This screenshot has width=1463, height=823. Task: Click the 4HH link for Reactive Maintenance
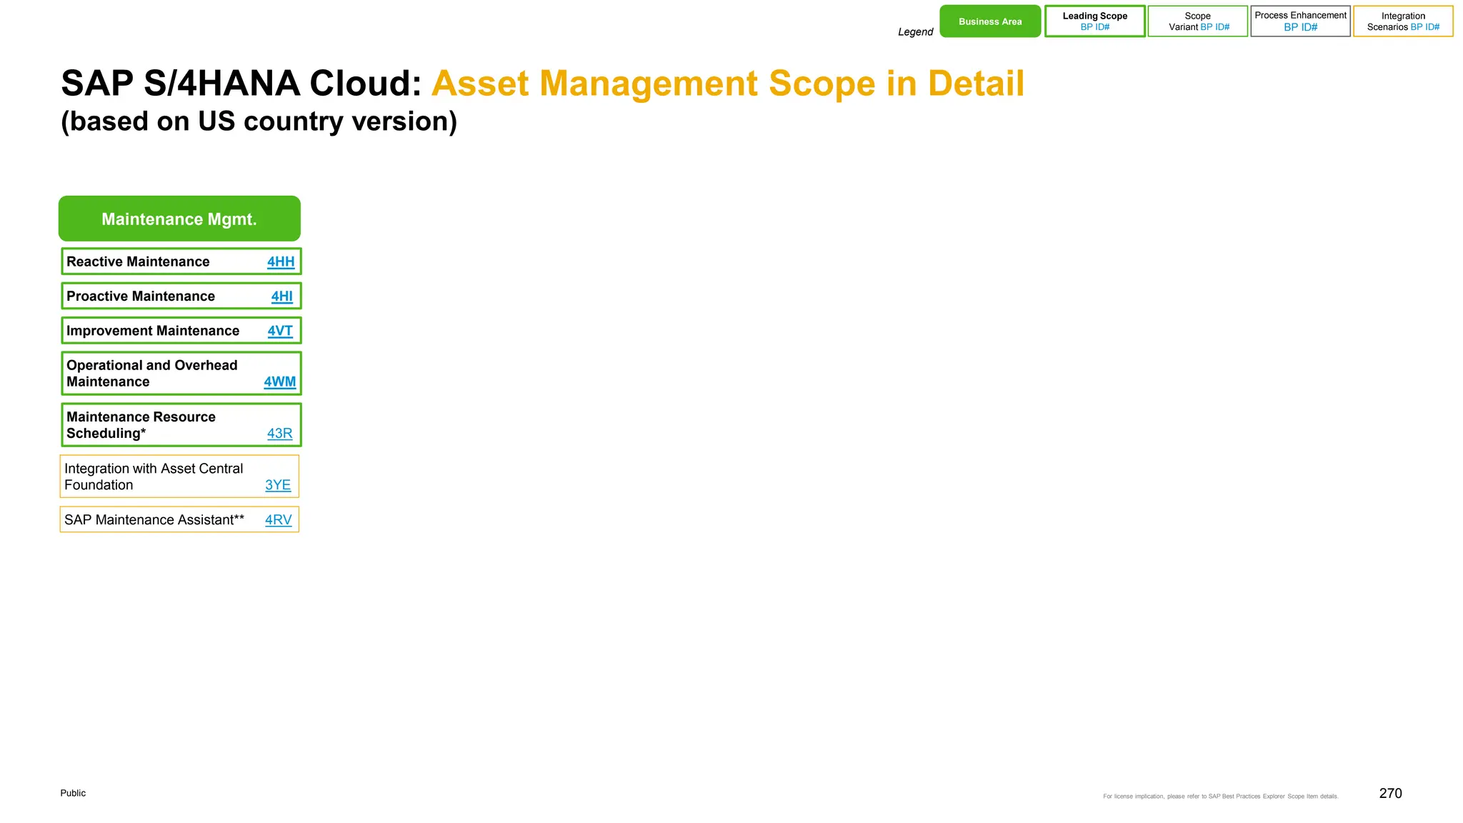[281, 262]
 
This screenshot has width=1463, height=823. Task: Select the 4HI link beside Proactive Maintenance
[281, 296]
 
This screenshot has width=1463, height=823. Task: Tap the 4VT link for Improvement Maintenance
[280, 331]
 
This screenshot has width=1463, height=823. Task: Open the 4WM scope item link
[279, 382]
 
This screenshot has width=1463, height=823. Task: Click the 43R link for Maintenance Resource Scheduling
[279, 434]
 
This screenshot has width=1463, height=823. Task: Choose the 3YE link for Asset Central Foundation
[278, 485]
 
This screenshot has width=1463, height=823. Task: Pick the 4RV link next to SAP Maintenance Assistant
[278, 520]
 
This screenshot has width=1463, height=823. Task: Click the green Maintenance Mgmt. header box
[179, 219]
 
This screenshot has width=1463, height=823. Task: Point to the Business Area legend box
[990, 21]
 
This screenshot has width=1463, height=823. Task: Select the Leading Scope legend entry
[1094, 21]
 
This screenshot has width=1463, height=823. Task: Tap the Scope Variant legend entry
[1198, 21]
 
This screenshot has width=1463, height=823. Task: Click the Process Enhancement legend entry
[1300, 21]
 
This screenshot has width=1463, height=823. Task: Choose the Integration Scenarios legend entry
[1403, 21]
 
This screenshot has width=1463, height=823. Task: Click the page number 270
[1390, 794]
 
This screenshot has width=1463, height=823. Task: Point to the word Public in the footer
[73, 793]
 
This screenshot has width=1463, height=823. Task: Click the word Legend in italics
[915, 32]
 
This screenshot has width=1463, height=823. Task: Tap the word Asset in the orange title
[479, 84]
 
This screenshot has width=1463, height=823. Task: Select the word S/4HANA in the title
[221, 84]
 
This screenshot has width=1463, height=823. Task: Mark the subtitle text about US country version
[259, 121]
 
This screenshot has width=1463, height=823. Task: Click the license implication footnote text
[1220, 797]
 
